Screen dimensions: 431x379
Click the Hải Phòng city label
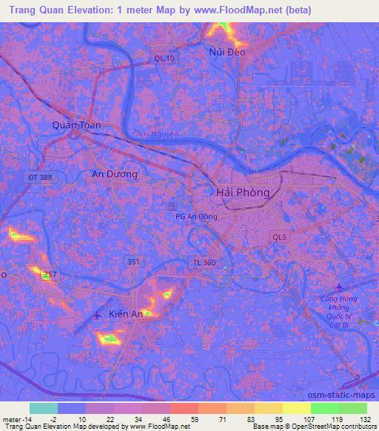click(242, 191)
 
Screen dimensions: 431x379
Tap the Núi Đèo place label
click(227, 52)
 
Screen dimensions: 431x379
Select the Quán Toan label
click(76, 126)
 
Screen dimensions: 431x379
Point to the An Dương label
click(114, 174)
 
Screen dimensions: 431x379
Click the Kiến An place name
click(125, 313)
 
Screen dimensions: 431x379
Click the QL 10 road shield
click(163, 58)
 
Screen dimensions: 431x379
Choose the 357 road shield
click(50, 275)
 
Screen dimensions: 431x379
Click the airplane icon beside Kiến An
click(98, 316)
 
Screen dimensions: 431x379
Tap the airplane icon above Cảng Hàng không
click(339, 287)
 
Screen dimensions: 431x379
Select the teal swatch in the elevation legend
click(43, 408)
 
